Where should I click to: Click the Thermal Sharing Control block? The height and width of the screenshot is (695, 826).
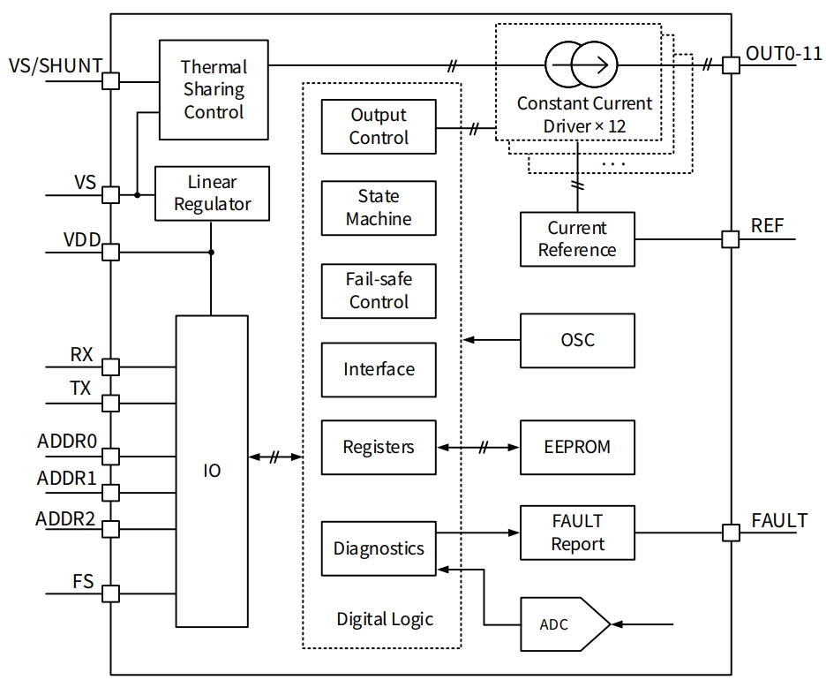213,89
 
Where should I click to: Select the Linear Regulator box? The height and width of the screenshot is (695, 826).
212,193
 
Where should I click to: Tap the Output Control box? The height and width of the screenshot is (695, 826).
379,126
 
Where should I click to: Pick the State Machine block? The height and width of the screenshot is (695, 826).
379,208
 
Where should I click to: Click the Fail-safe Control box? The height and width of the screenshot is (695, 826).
379,291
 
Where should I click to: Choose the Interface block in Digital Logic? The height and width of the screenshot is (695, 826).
379,369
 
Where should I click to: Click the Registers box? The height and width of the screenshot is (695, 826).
379,447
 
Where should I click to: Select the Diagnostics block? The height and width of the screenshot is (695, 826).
379,548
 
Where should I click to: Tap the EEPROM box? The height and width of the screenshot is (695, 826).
577,447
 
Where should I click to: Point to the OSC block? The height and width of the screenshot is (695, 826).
577,340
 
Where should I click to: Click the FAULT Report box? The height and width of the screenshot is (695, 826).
577,532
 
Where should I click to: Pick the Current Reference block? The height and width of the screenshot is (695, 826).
577,238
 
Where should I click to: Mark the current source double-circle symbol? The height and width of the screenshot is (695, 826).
582,64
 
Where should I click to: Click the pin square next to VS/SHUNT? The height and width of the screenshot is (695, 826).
111,81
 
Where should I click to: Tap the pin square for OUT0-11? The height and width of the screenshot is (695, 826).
731,64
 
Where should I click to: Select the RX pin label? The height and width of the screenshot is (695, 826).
81,355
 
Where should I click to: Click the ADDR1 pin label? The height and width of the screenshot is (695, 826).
66,479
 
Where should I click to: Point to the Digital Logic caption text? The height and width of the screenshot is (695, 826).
385,619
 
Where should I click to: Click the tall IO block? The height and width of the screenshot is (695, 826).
212,471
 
